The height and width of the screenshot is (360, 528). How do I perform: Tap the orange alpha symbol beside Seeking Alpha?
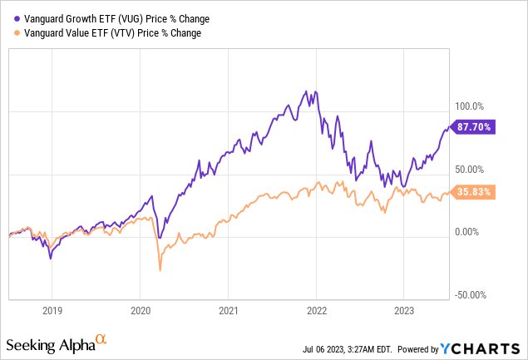tap(101, 340)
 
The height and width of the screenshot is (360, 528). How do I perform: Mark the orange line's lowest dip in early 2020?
tap(160, 270)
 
